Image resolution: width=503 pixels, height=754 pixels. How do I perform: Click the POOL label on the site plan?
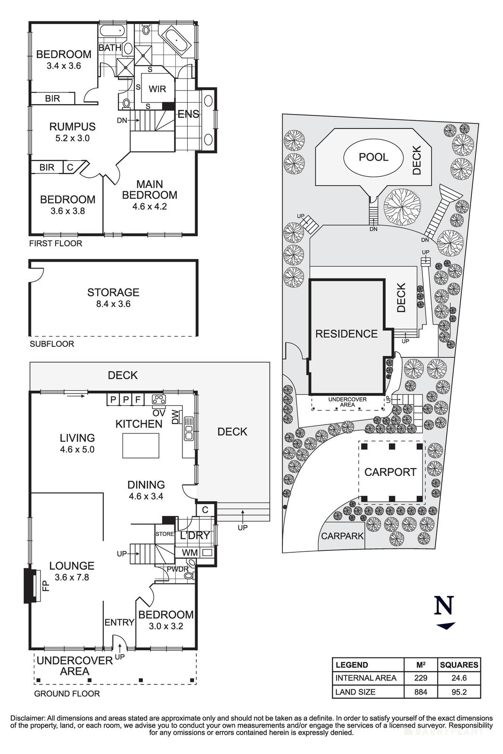point(373,157)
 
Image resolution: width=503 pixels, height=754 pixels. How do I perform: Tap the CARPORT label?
point(390,472)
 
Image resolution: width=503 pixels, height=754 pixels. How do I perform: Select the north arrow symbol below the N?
point(445,626)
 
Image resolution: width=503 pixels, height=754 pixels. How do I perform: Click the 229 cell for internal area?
point(421,678)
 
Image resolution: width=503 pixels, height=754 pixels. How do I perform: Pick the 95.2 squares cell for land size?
point(459,692)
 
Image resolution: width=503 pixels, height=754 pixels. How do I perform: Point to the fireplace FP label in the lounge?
point(45,585)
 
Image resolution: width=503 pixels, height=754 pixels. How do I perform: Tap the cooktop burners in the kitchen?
point(159,400)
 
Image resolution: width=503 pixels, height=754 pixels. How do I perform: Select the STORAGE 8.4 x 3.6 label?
point(113,298)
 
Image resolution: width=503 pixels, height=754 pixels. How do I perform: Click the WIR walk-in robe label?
point(157,89)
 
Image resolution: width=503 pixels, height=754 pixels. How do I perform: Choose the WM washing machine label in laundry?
point(184,552)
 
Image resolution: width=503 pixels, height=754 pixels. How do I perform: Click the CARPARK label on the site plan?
point(342,536)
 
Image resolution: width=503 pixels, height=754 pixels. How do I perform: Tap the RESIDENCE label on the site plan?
point(346,334)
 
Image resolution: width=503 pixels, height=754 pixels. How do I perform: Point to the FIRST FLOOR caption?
point(56,244)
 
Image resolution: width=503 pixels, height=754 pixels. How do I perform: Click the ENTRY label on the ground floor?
point(120,623)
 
